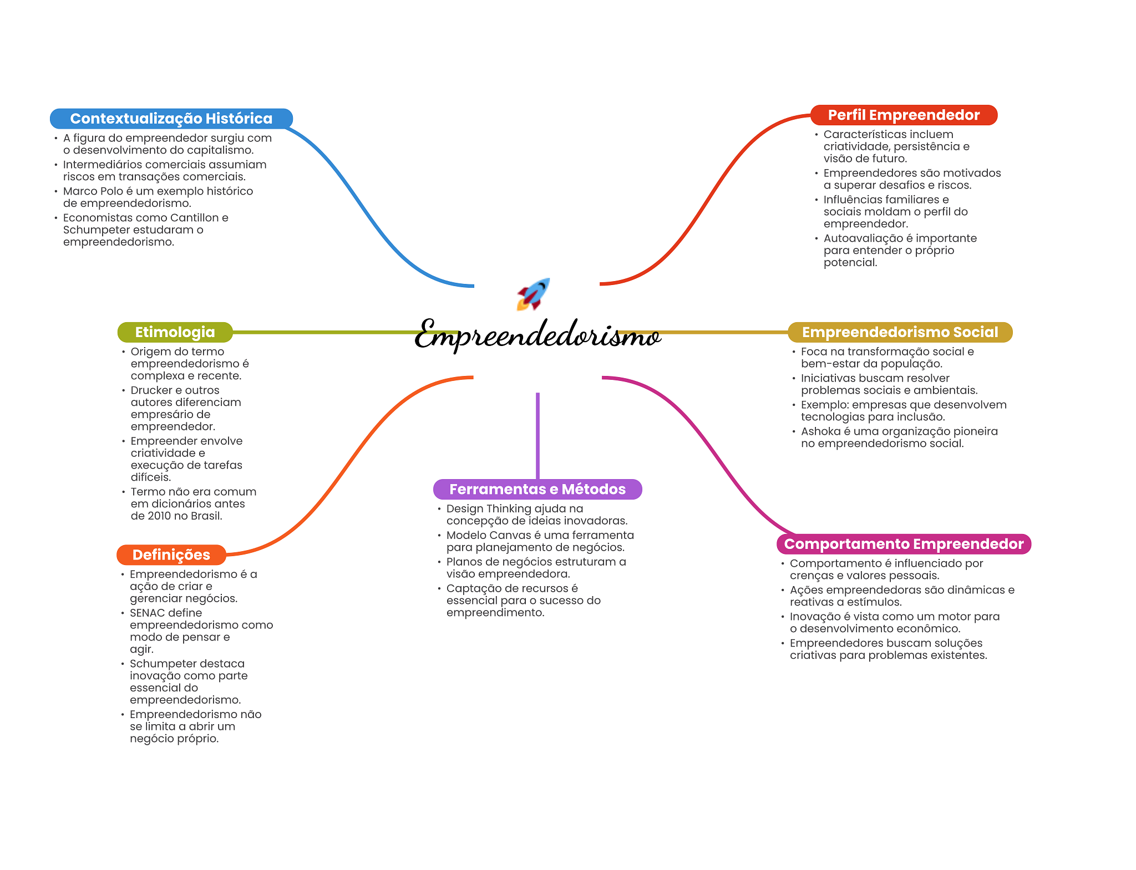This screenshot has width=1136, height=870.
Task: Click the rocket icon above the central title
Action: pos(534,294)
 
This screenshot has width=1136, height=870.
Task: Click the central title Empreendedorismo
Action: pos(537,335)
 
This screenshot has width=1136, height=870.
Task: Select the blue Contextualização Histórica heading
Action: pos(171,119)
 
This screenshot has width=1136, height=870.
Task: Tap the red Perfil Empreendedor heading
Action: pos(904,115)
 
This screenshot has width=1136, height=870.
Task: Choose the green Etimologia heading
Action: pos(175,332)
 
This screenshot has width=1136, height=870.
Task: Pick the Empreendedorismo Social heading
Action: pos(900,332)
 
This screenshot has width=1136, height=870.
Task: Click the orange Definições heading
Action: pos(171,554)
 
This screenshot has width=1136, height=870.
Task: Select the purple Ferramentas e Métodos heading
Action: pos(537,489)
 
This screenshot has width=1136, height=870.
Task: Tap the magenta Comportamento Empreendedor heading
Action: pos(904,544)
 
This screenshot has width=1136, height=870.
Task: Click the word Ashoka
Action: pos(820,431)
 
